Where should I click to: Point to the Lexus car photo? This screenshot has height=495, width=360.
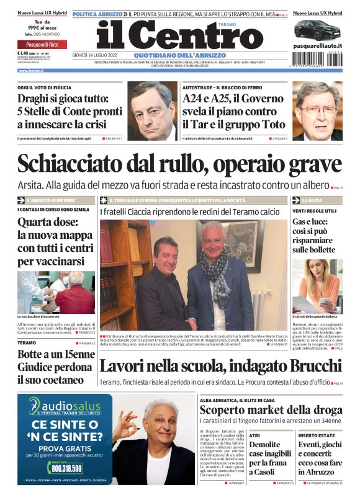tap(317, 29)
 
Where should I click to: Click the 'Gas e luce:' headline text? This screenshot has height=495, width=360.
tap(313, 221)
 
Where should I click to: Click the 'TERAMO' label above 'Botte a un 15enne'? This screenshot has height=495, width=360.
tap(27, 342)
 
